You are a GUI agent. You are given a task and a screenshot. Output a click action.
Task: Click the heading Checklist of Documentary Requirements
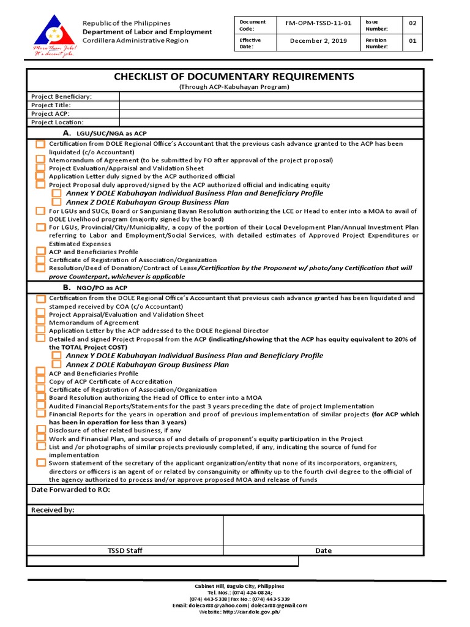click(234, 77)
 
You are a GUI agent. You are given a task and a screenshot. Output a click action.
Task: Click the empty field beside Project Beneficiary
click(270, 97)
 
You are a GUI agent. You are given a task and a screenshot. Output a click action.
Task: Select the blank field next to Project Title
click(270, 105)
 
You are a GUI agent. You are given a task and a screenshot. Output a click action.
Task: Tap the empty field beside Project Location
click(270, 122)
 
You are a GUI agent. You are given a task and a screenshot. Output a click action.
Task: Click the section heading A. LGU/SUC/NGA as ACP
click(104, 133)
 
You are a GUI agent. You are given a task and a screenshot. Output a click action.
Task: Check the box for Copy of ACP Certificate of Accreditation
click(40, 381)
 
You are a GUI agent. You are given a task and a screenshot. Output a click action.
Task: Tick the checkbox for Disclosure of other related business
click(40, 430)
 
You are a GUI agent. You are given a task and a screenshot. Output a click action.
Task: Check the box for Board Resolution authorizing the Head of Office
click(40, 397)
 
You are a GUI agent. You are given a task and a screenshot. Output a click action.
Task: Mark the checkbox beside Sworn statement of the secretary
click(40, 464)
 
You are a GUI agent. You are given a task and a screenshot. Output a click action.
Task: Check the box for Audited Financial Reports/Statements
click(40, 406)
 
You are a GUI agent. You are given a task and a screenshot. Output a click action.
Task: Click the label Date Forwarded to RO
click(70, 490)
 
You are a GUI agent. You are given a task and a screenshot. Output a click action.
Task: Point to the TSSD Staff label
click(125, 550)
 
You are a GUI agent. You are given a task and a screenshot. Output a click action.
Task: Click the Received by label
click(53, 510)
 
